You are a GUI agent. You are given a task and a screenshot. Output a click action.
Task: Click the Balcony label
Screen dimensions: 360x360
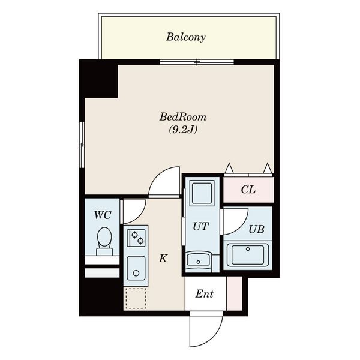[186, 37]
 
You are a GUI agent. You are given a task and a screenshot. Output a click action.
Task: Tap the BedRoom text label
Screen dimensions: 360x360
[183, 117]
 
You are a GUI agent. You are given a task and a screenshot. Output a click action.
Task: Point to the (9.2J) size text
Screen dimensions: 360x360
[183, 130]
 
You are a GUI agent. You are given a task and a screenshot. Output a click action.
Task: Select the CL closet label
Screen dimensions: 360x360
[248, 190]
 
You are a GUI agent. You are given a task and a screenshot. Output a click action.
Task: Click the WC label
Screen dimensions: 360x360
[103, 215]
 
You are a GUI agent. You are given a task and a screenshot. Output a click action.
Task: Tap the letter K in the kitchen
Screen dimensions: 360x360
[163, 259]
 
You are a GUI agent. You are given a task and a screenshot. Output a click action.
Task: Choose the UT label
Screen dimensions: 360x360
[201, 226]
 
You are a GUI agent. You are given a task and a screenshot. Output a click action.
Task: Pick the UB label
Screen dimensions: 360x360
[256, 229]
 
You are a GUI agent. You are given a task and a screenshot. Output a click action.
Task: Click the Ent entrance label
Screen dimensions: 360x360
[205, 294]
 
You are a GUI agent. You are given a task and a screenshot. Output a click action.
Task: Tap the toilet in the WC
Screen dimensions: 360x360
[104, 242]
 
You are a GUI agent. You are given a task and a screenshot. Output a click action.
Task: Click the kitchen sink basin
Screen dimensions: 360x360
[136, 268]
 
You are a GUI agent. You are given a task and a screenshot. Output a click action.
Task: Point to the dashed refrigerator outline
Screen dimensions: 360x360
[136, 298]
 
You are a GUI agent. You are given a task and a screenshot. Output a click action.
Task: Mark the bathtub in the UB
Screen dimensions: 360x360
[248, 255]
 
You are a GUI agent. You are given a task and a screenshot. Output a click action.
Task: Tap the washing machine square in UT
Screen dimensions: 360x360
[202, 193]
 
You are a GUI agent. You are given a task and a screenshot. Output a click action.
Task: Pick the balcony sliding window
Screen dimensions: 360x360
[197, 62]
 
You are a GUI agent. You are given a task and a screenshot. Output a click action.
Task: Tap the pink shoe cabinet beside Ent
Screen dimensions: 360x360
[235, 293]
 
